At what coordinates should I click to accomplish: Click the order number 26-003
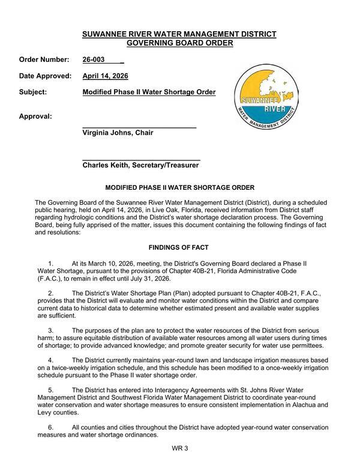tap(94, 60)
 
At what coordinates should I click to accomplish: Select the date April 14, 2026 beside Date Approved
tap(105, 76)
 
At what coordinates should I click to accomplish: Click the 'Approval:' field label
tap(35, 116)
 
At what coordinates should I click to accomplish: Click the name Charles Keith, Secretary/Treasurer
tap(140, 165)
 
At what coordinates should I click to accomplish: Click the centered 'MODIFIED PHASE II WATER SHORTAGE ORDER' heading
tap(179, 188)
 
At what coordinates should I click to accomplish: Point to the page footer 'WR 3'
tap(179, 449)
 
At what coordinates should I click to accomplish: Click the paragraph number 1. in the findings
tap(50, 264)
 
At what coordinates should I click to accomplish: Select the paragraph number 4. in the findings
tap(50, 360)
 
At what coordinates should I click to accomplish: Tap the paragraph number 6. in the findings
tap(50, 428)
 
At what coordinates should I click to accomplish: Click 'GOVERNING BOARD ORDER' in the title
tap(179, 43)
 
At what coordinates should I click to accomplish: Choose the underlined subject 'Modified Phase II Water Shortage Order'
tap(149, 92)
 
